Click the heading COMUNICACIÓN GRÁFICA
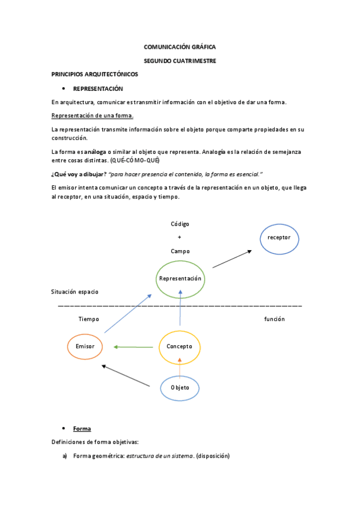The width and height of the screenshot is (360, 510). click(x=180, y=46)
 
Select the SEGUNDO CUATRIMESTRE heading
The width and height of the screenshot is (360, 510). click(x=180, y=61)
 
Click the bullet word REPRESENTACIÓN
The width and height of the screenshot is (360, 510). click(x=98, y=88)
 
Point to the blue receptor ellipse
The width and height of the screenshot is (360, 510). click(x=279, y=238)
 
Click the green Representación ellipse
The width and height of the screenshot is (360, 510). click(x=180, y=279)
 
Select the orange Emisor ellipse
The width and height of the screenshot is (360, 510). click(x=85, y=346)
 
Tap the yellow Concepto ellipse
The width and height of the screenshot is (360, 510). click(x=179, y=347)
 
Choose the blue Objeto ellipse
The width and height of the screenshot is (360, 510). click(x=180, y=388)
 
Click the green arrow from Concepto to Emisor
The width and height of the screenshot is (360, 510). click(x=133, y=347)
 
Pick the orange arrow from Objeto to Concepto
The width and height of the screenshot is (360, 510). click(x=180, y=363)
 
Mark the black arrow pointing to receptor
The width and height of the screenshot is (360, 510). click(x=231, y=259)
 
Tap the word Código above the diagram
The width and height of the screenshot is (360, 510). click(x=180, y=224)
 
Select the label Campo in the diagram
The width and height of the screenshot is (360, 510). click(x=180, y=251)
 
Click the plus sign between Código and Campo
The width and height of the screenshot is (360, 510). click(x=180, y=238)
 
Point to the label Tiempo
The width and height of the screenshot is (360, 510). click(x=88, y=319)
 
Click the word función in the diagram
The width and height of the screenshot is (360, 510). click(x=274, y=319)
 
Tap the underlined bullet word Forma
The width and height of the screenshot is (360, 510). click(x=82, y=429)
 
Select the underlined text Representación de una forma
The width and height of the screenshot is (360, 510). click(x=93, y=115)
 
